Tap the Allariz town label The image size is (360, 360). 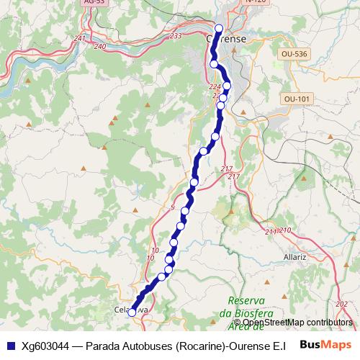pyautogui.click(x=295, y=256)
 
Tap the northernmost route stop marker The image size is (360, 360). pyautogui.click(x=220, y=29)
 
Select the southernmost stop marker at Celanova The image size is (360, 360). pyautogui.click(x=132, y=312)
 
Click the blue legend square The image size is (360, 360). pyautogui.click(x=10, y=345)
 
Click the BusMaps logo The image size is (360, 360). pyautogui.click(x=326, y=345)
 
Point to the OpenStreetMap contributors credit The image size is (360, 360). pyautogui.click(x=297, y=323)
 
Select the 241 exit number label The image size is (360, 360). pyautogui.click(x=80, y=38)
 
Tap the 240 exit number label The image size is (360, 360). pyautogui.click(x=100, y=46)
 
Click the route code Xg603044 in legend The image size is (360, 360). pyautogui.click(x=46, y=346)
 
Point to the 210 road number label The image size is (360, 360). pyautogui.click(x=284, y=230)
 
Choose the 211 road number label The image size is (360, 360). pyautogui.click(x=271, y=232)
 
